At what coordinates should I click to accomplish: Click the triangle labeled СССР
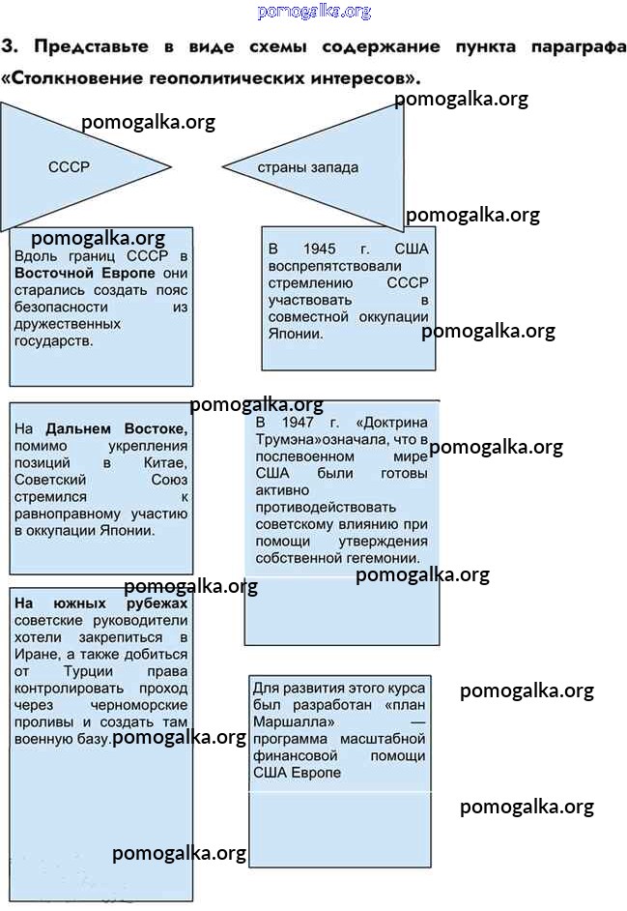pyautogui.click(x=68, y=166)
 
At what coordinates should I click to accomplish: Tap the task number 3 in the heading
pyautogui.click(x=8, y=45)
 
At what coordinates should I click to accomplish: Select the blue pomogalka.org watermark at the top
pyautogui.click(x=314, y=11)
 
